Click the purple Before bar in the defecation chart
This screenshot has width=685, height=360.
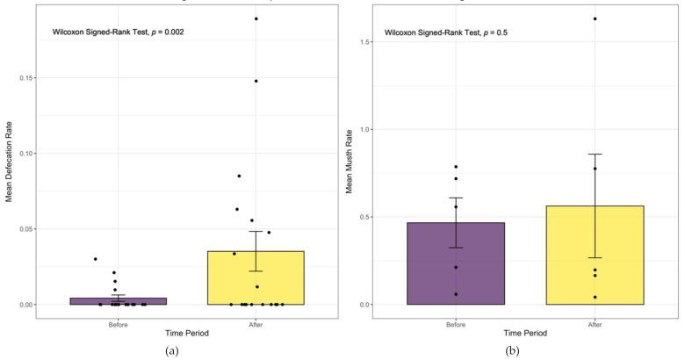tap(118, 301)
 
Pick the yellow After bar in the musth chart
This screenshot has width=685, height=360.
tap(595, 256)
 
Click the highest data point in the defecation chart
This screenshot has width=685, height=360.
tap(256, 18)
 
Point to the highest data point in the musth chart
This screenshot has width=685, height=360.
tap(595, 18)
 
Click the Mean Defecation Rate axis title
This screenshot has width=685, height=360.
tap(10, 163)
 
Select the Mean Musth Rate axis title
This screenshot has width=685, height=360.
tap(349, 163)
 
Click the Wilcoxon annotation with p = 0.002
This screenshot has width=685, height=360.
tap(115, 32)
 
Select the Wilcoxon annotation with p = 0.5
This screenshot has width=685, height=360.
tap(447, 32)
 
